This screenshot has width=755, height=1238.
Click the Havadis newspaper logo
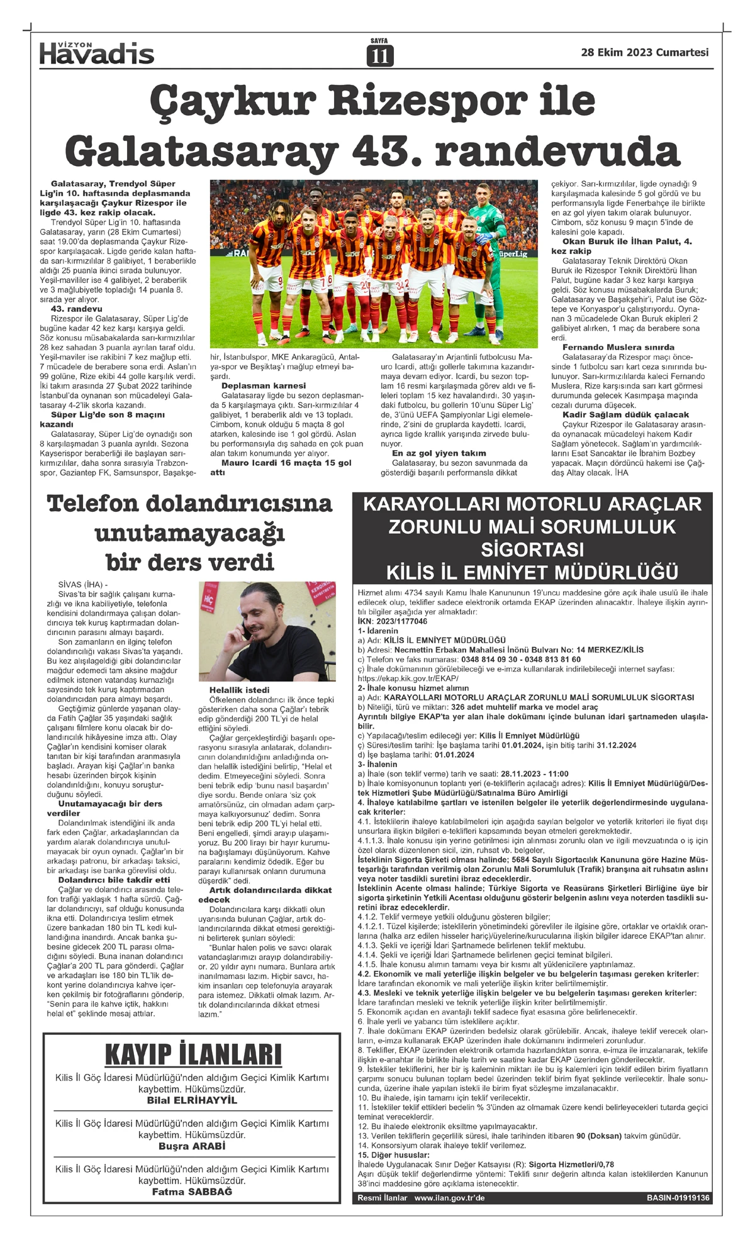point(97,53)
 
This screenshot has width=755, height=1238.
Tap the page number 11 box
point(379,56)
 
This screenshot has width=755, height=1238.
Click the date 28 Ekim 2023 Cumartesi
point(644,53)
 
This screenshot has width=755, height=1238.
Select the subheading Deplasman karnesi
point(263,385)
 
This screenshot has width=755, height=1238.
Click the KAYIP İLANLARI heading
point(193,1054)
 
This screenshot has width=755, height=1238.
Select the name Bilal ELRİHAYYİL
point(192,1100)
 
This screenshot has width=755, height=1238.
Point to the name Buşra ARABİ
point(192,1146)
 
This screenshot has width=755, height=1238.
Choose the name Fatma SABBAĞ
point(192,1192)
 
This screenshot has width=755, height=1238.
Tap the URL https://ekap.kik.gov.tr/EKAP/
point(408,678)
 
